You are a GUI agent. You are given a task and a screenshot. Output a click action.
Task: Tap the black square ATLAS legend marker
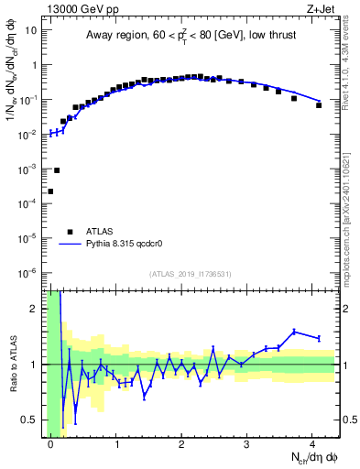(x=70, y=232)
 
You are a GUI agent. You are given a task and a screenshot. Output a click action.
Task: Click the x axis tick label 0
(x=50, y=444)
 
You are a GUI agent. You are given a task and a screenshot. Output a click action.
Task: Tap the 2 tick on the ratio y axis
(x=37, y=309)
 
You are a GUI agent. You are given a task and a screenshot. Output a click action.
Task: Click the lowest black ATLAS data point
(x=50, y=191)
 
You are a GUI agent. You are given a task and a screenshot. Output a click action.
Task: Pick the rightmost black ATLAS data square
(x=319, y=105)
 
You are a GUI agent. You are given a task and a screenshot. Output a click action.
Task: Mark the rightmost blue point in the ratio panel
(x=319, y=338)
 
